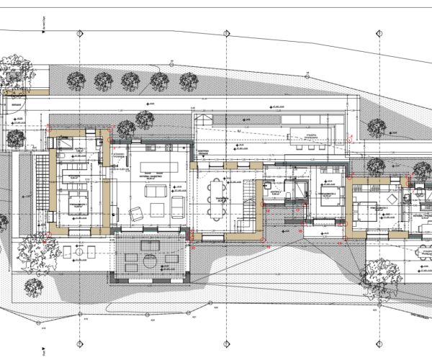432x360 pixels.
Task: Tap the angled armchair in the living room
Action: point(134,212)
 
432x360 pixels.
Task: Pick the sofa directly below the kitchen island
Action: point(155,192)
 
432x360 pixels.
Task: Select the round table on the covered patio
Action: point(149,260)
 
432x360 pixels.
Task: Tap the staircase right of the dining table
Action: point(246,196)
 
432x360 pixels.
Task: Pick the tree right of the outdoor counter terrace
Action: point(375,128)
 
